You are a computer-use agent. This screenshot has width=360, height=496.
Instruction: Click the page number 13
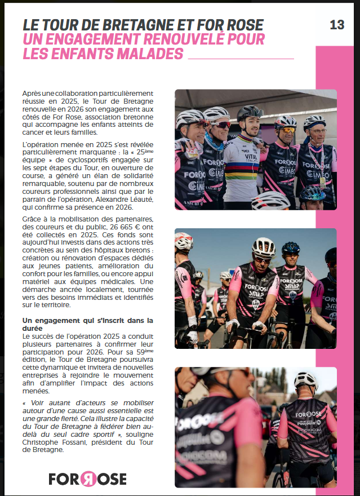[x=337, y=24]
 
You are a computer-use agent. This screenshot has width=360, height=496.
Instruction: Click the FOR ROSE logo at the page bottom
[x=87, y=479]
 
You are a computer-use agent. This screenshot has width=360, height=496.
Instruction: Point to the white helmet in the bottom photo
[x=305, y=380]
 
